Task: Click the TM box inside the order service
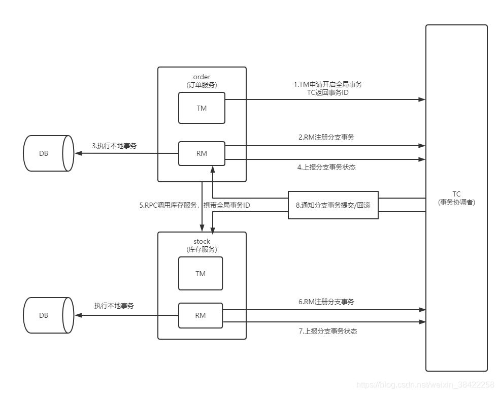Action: pyautogui.click(x=202, y=108)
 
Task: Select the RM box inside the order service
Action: pyautogui.click(x=202, y=153)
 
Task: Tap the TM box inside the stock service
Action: pyautogui.click(x=201, y=274)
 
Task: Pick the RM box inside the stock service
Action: pyautogui.click(x=201, y=315)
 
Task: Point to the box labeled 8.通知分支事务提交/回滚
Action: pyautogui.click(x=333, y=205)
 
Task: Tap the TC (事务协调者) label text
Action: pyautogui.click(x=456, y=198)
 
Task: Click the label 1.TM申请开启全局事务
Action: pyautogui.click(x=327, y=84)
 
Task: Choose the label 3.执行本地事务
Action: pyautogui.click(x=114, y=146)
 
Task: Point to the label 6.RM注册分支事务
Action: pyautogui.click(x=326, y=302)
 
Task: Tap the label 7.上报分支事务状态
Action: pyautogui.click(x=328, y=331)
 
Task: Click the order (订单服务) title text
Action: pyautogui.click(x=202, y=81)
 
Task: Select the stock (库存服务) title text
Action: pyautogui.click(x=202, y=245)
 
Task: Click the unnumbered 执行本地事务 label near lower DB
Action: pyautogui.click(x=114, y=306)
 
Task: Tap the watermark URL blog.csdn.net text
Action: pyautogui.click(x=425, y=385)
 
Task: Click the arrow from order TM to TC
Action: pyautogui.click(x=325, y=100)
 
